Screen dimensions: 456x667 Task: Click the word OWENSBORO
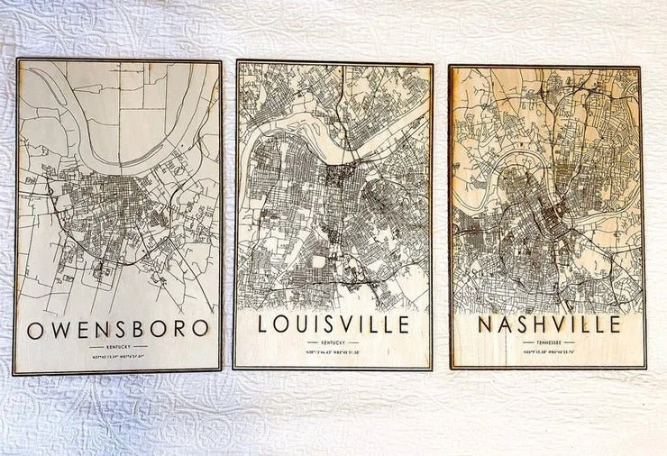(x=118, y=328)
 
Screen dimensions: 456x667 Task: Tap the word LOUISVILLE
(x=333, y=324)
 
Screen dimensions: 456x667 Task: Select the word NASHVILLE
(x=548, y=324)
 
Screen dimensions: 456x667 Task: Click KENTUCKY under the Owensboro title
(x=118, y=347)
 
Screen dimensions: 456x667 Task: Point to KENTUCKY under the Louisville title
(x=333, y=342)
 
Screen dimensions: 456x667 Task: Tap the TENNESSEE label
(x=548, y=342)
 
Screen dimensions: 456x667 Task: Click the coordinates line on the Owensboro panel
(x=118, y=358)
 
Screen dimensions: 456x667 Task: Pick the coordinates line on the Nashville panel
(x=548, y=352)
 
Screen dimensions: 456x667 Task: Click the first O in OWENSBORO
(x=35, y=329)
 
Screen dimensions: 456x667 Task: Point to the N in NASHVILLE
(x=487, y=324)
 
